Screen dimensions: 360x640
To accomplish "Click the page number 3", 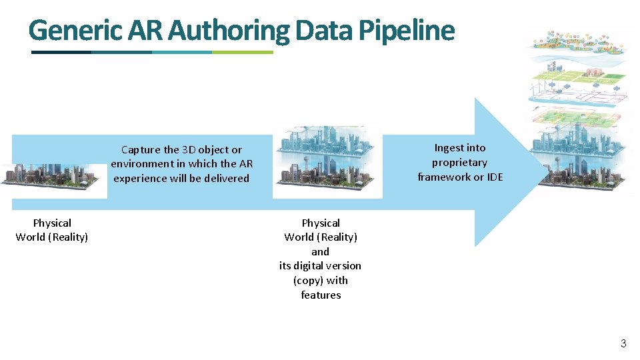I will (x=623, y=344).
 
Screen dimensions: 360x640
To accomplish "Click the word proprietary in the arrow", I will (x=459, y=163).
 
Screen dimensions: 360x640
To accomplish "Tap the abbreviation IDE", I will (x=494, y=177).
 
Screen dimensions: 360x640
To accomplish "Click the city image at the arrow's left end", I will (x=53, y=175).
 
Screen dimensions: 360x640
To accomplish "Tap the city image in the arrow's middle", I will (x=327, y=162).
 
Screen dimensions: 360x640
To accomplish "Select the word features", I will (x=321, y=295).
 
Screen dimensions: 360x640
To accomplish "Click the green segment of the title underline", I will (x=243, y=52).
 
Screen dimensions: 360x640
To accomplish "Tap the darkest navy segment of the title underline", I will (x=61, y=52).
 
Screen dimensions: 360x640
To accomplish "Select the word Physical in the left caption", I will (x=52, y=223).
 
